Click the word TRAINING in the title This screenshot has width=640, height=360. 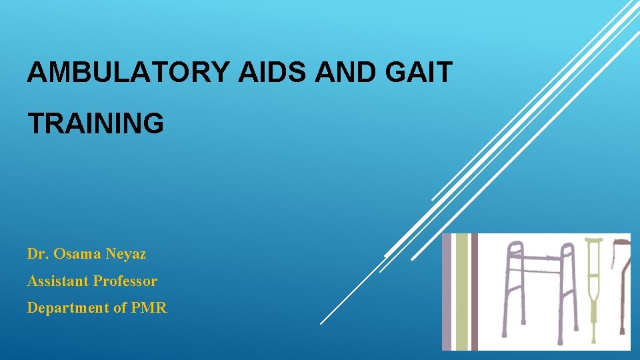(x=95, y=123)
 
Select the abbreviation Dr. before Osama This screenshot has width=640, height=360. (x=37, y=254)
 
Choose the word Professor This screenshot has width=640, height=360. (x=125, y=281)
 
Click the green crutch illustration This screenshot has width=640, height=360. (x=593, y=287)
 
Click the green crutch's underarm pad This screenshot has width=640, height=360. (x=593, y=241)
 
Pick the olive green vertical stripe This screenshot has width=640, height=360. (x=461, y=291)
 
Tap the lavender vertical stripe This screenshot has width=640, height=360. (x=447, y=291)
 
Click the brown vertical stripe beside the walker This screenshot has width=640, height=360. (x=475, y=291)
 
